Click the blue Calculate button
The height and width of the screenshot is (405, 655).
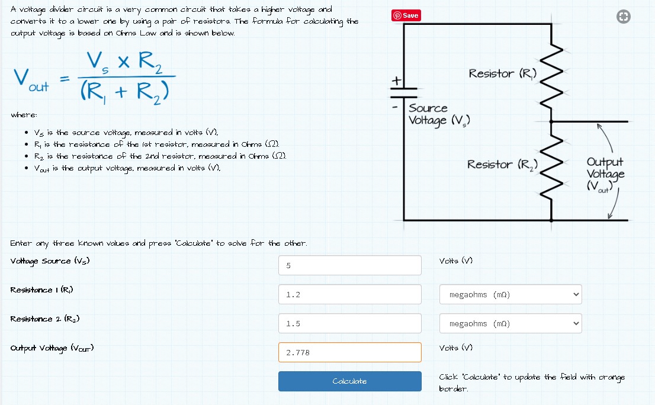point(349,381)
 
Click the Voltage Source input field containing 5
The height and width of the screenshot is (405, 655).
point(349,265)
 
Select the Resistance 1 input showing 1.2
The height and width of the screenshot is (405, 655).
point(349,294)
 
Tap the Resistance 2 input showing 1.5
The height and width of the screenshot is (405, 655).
point(349,323)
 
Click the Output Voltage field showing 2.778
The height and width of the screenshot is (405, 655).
point(349,352)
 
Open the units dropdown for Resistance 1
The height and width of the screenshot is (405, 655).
point(510,294)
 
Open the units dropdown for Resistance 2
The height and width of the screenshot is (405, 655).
point(510,323)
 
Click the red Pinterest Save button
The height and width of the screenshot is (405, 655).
point(406,15)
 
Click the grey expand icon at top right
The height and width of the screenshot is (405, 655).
point(622,17)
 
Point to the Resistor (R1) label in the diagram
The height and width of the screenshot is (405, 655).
point(503,74)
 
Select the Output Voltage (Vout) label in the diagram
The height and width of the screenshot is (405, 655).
point(605,174)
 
